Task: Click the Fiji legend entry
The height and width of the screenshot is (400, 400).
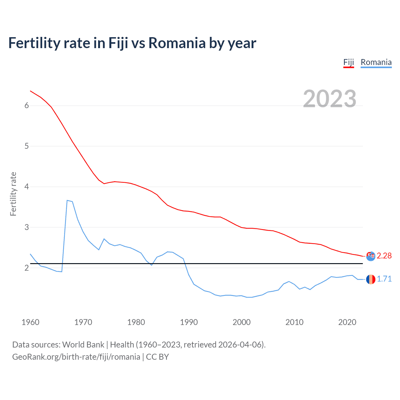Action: click(348, 62)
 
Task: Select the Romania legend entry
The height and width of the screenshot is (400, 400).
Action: click(376, 62)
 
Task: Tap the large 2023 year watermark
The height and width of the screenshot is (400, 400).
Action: click(330, 99)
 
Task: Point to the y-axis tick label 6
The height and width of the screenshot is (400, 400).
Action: click(27, 106)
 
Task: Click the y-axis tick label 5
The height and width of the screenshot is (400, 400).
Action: click(27, 146)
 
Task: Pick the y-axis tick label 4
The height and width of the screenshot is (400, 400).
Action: click(27, 187)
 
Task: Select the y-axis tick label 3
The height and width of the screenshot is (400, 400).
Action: click(27, 227)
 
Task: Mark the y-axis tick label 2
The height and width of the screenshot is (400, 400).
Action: click(27, 268)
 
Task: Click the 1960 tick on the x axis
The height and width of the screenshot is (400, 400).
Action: click(30, 322)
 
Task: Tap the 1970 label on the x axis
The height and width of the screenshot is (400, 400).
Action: click(83, 322)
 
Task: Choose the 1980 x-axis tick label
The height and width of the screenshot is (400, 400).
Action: click(136, 322)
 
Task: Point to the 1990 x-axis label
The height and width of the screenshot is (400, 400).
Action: click(189, 322)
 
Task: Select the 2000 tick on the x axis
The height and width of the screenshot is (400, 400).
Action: click(242, 322)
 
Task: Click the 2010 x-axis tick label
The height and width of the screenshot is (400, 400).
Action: click(294, 322)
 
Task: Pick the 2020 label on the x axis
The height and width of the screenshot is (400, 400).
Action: click(347, 322)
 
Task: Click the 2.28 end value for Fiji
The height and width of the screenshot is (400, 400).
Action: click(384, 256)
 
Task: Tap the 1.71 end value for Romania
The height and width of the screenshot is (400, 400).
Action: click(384, 279)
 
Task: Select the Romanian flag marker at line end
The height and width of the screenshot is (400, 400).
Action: click(371, 279)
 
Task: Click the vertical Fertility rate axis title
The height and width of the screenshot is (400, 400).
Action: click(13, 194)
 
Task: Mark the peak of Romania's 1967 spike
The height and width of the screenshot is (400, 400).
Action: click(67, 200)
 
